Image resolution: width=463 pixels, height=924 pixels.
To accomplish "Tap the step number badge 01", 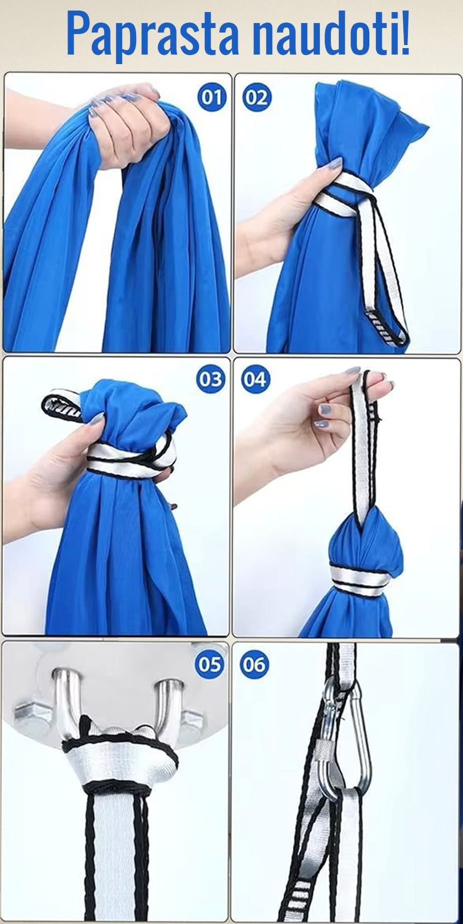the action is point(211,97).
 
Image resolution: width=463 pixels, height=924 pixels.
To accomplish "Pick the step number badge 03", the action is point(210,380).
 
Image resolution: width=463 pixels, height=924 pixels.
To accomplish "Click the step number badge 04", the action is point(255,380).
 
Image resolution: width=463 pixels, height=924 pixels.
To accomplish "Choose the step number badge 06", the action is point(254,665).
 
